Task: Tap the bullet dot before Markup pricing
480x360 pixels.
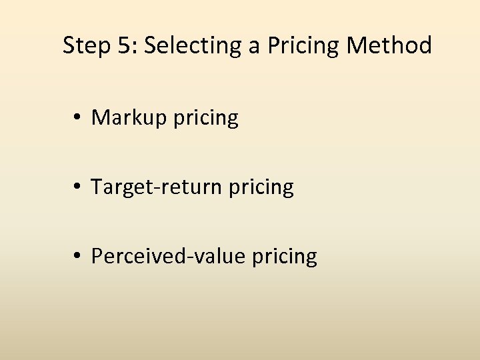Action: (x=79, y=119)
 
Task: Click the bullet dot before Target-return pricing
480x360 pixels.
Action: (x=79, y=187)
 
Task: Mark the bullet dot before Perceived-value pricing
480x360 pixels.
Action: (x=79, y=256)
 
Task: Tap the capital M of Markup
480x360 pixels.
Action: (x=100, y=118)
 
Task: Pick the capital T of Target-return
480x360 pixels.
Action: (x=97, y=187)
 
